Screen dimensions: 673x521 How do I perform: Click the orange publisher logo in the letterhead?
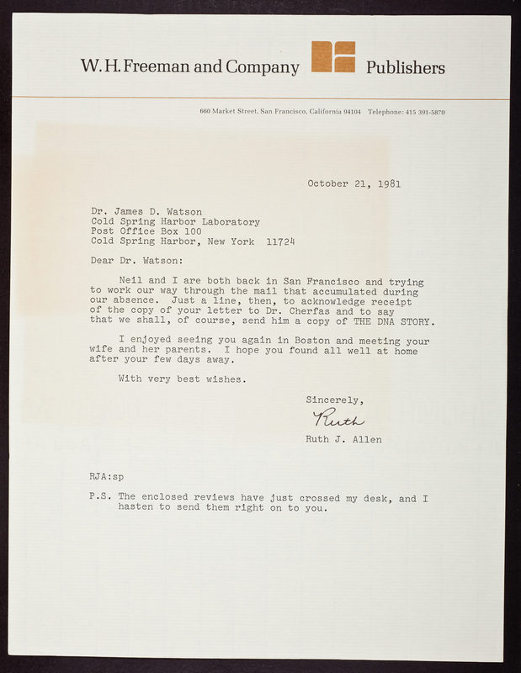pyautogui.click(x=333, y=57)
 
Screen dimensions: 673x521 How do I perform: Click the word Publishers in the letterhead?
pyautogui.click(x=406, y=68)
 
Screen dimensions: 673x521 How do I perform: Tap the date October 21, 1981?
pyautogui.click(x=354, y=183)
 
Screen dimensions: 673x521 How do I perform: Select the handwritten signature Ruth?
pyautogui.click(x=338, y=419)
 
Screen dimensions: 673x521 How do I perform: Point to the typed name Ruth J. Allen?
pyautogui.click(x=343, y=438)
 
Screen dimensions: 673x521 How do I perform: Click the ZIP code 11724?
pyautogui.click(x=280, y=241)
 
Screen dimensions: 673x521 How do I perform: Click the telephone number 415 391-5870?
pyautogui.click(x=425, y=112)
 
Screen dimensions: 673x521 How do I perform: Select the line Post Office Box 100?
pyautogui.click(x=146, y=231)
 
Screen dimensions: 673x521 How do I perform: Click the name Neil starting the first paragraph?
pyautogui.click(x=133, y=282)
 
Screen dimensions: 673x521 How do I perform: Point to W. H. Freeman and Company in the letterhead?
pyautogui.click(x=189, y=67)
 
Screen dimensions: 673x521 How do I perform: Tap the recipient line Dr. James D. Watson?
pyautogui.click(x=147, y=211)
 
